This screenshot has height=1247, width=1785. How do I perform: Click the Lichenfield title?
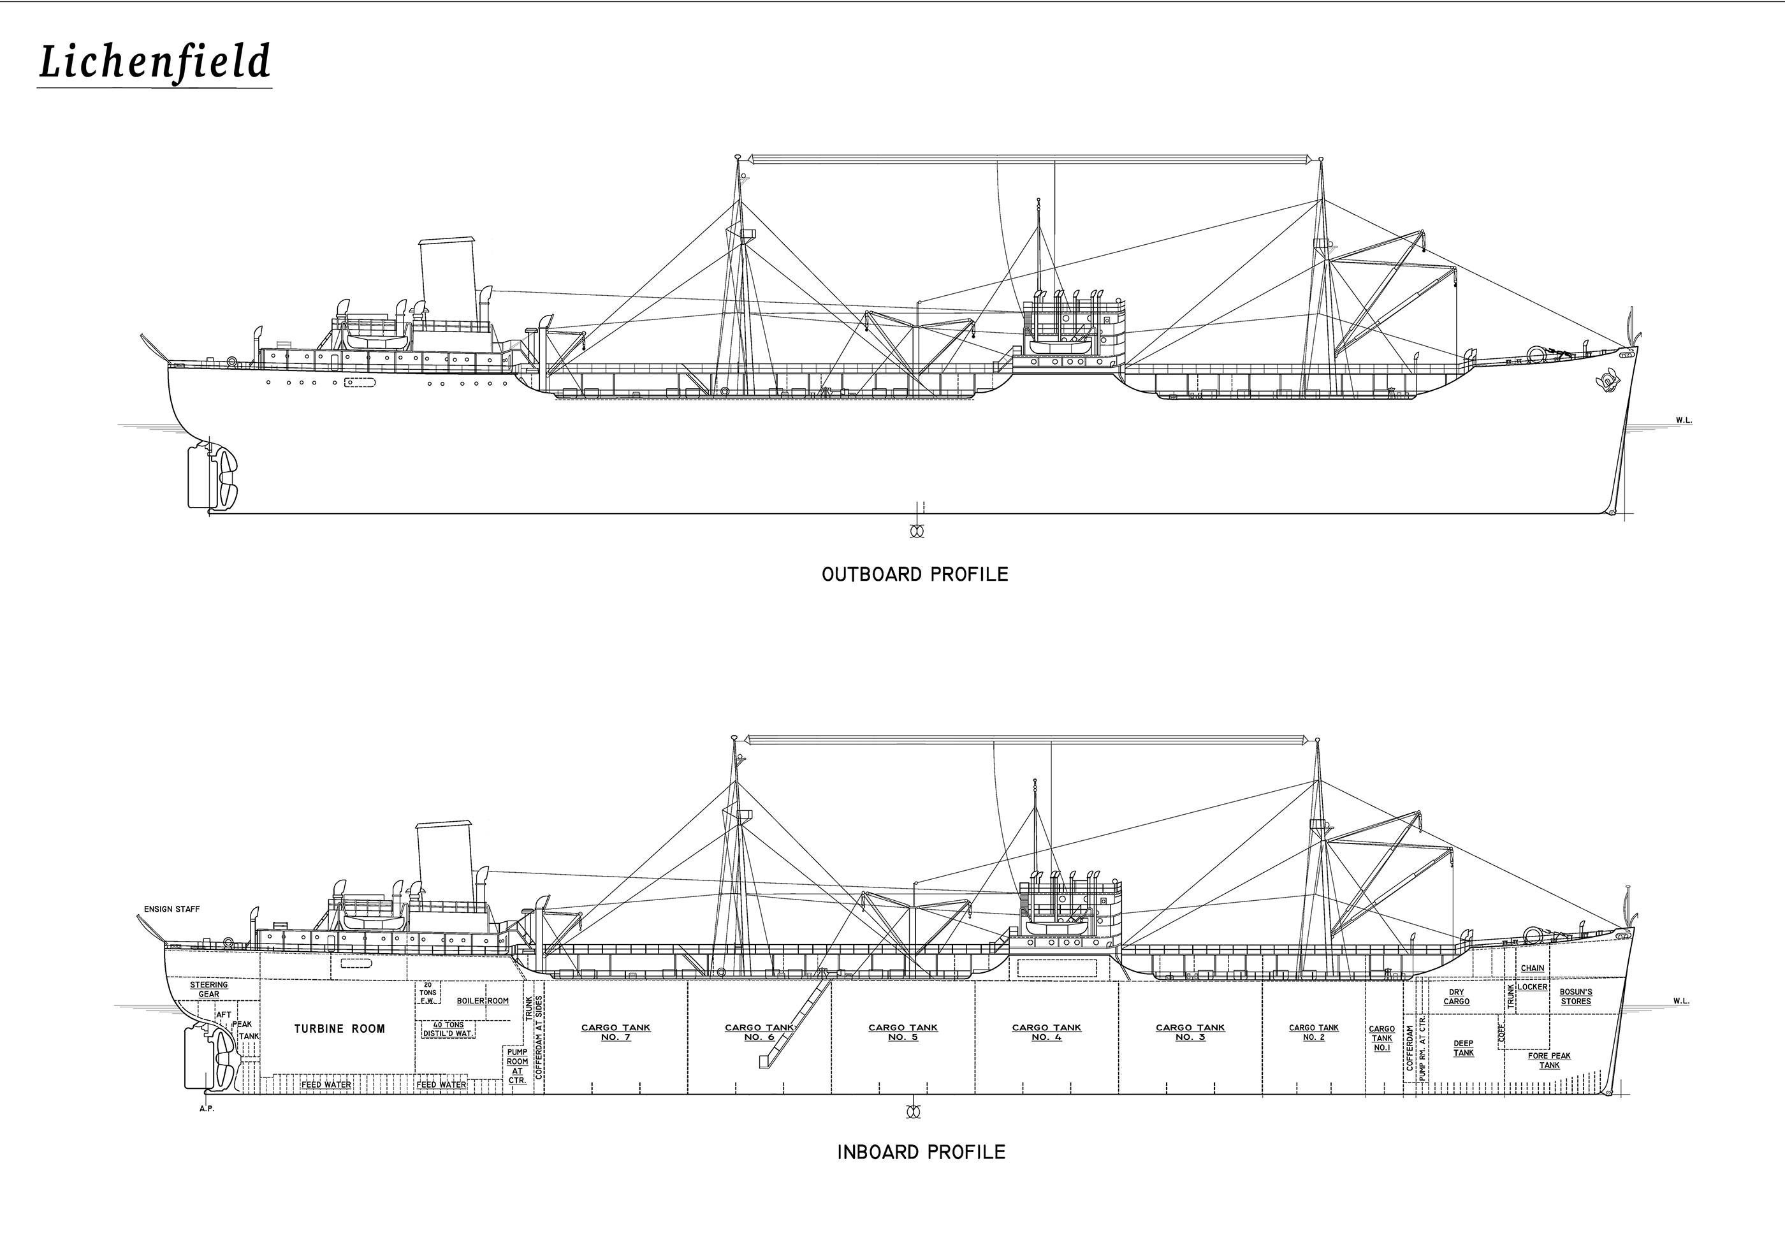tap(155, 62)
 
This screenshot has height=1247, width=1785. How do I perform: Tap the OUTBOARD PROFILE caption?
tap(915, 574)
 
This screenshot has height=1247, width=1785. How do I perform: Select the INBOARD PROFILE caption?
tap(921, 1152)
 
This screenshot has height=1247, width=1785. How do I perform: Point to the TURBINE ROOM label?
tap(340, 1028)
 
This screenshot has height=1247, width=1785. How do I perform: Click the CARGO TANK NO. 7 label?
tap(616, 1032)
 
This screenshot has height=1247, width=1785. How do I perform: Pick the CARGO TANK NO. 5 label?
tap(903, 1032)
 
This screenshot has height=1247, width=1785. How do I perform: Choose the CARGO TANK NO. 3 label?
tap(1190, 1032)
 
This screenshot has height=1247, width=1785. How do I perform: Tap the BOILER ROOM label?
tap(483, 1002)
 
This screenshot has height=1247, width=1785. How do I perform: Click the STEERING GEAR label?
tap(209, 989)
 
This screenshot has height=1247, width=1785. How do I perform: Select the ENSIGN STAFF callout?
tap(172, 910)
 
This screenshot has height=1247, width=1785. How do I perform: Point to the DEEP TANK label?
tap(1464, 1049)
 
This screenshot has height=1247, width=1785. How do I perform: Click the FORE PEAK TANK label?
tap(1549, 1060)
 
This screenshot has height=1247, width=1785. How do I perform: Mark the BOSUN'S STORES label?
tap(1576, 996)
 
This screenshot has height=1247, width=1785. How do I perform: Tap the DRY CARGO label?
tap(1457, 996)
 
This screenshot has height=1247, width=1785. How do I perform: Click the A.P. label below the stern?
tap(207, 1109)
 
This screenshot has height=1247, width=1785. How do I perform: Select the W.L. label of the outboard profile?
tap(1684, 421)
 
